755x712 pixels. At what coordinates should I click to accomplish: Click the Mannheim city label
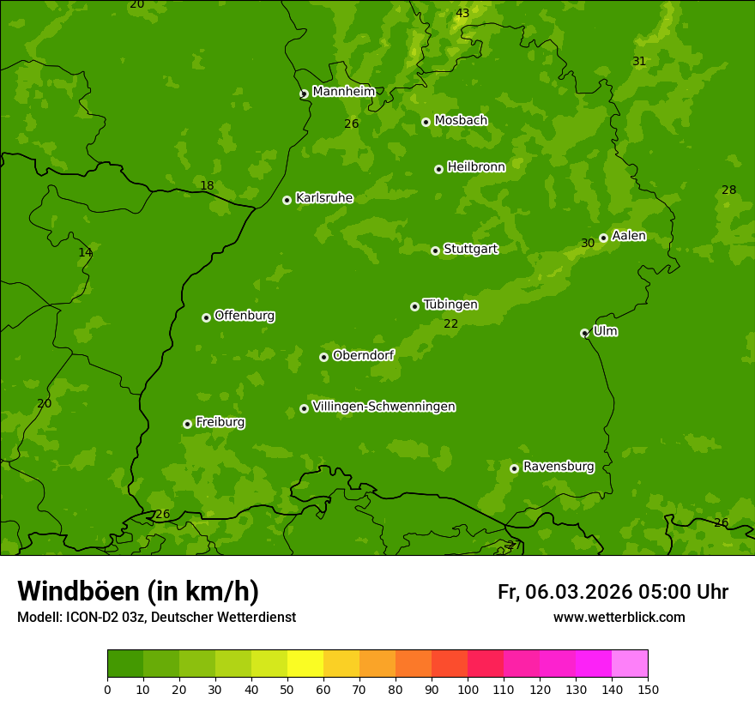[343, 92]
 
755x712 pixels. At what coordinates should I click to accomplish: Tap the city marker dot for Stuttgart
[435, 250]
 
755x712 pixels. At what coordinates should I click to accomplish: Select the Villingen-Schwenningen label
[384, 407]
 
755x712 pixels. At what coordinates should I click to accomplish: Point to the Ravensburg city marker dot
[514, 468]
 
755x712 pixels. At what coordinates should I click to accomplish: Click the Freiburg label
[220, 422]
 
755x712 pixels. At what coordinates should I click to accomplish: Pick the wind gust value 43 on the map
[462, 13]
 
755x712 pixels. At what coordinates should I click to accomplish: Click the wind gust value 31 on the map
[639, 61]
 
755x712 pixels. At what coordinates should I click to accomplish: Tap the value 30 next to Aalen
[588, 244]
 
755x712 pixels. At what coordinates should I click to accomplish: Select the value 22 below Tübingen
[451, 323]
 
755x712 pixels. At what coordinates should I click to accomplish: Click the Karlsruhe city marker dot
[287, 200]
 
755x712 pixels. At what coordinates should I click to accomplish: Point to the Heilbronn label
[476, 167]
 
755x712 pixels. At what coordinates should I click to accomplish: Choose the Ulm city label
[605, 331]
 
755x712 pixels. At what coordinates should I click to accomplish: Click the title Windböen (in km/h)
[138, 591]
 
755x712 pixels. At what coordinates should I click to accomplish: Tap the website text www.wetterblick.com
[619, 617]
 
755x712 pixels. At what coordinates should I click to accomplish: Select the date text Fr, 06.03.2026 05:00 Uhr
[613, 592]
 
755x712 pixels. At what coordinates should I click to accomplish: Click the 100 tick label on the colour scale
[468, 689]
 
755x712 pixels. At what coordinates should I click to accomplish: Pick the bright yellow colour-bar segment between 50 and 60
[305, 664]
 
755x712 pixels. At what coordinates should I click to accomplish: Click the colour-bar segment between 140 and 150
[630, 664]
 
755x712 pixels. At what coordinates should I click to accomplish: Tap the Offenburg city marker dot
[206, 317]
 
